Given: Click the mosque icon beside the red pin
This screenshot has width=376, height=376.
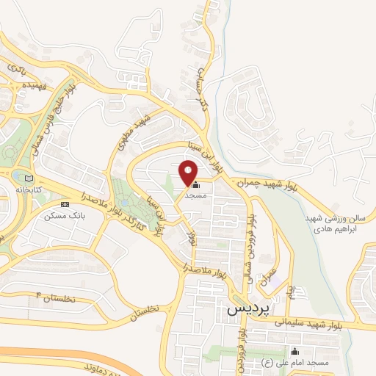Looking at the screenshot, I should coord(195,186).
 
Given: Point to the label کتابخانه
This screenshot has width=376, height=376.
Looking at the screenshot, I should coord(29,189).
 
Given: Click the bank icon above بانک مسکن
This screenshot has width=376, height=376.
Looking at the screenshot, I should coord(65,204).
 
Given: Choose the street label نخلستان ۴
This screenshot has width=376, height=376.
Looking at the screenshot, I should coord(57,297).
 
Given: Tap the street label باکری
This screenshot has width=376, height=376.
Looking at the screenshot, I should coord(16,67).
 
